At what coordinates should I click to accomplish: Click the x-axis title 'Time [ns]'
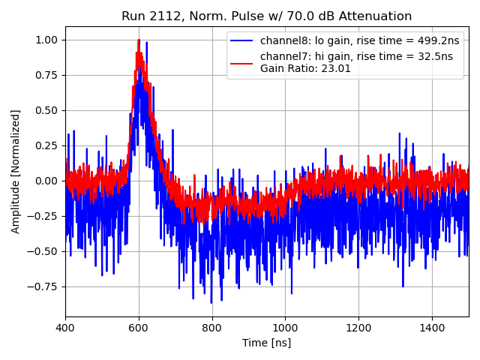[266, 343]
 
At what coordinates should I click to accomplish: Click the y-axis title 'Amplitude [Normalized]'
[16, 171]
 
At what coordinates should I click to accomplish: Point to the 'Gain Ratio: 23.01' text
[305, 68]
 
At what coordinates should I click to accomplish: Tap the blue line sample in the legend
[242, 40]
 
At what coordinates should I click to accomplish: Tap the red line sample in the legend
[242, 62]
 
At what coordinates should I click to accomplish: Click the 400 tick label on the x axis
[65, 328]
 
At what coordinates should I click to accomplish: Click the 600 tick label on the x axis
[139, 328]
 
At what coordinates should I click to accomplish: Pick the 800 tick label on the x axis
[212, 328]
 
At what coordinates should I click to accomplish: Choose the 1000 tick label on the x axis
[285, 328]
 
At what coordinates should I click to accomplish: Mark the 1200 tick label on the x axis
[358, 328]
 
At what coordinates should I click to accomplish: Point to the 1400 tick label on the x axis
[432, 328]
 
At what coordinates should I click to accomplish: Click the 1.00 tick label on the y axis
[46, 40]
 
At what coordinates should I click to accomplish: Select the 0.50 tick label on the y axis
[46, 110]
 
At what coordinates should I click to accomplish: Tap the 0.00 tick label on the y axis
[46, 181]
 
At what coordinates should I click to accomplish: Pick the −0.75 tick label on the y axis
[43, 286]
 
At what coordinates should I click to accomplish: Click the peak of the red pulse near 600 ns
[139, 40]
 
